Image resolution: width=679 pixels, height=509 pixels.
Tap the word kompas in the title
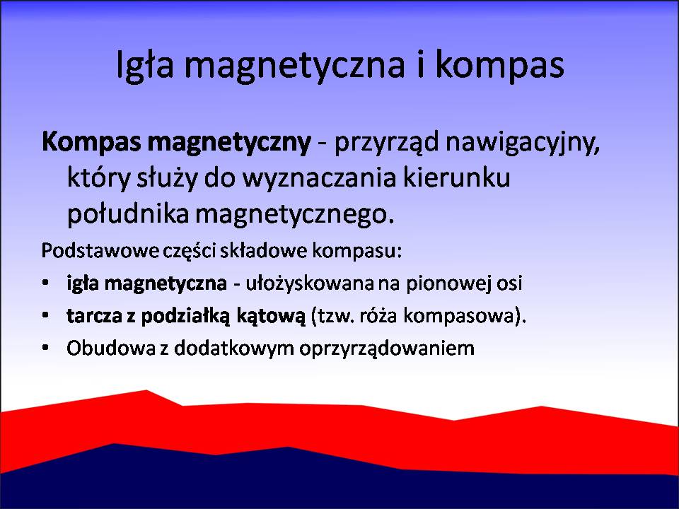(499, 65)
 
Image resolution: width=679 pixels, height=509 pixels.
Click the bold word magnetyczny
(229, 143)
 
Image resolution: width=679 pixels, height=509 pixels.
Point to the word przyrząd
(387, 143)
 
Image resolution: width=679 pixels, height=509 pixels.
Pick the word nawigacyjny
(523, 143)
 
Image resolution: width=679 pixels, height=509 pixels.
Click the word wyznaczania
(319, 178)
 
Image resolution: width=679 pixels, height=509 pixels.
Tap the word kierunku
(457, 177)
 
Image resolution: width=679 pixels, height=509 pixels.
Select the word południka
(128, 213)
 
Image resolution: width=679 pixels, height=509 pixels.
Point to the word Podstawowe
(100, 251)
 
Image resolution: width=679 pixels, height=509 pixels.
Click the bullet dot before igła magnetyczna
(45, 283)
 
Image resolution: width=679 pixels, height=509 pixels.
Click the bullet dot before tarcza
(45, 315)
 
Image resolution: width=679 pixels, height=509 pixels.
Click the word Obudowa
(111, 348)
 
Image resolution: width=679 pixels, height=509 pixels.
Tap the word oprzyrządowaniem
(387, 349)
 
